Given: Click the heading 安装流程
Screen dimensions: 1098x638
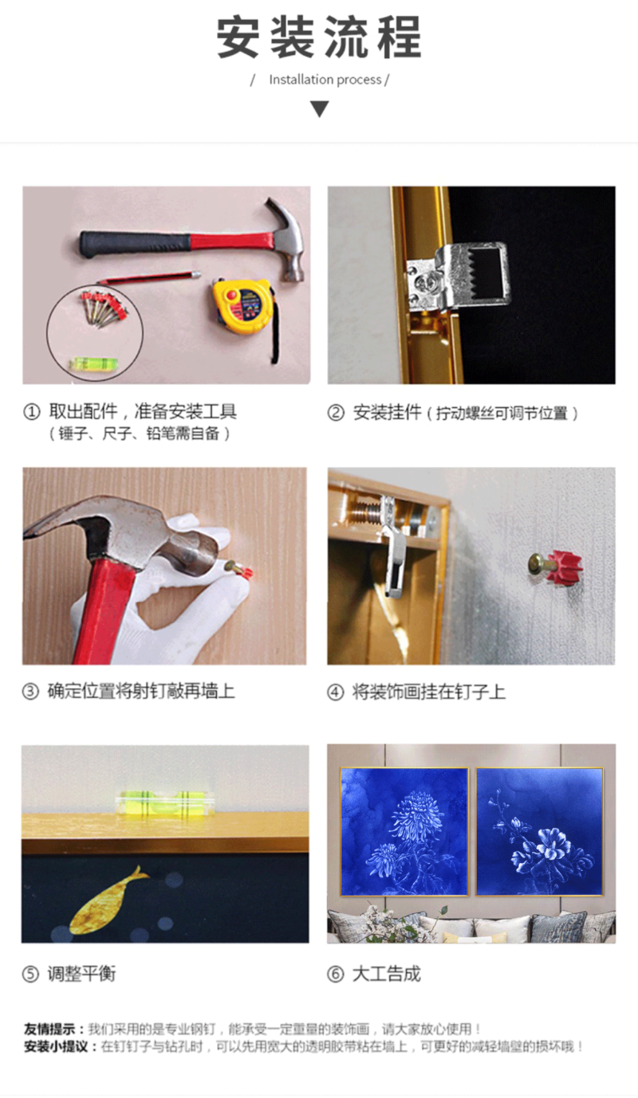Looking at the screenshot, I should pos(319,37).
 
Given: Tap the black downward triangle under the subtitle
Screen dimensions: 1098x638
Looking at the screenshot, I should pos(319,109).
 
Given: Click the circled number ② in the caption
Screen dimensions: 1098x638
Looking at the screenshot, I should pos(336,413).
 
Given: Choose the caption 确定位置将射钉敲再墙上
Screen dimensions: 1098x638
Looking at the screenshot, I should pos(141,691).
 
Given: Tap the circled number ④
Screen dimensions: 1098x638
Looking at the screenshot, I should pos(336,692).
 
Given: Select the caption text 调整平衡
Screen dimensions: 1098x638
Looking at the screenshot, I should pos(82,974).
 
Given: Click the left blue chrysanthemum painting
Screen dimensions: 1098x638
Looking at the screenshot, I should pos(404,831).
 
